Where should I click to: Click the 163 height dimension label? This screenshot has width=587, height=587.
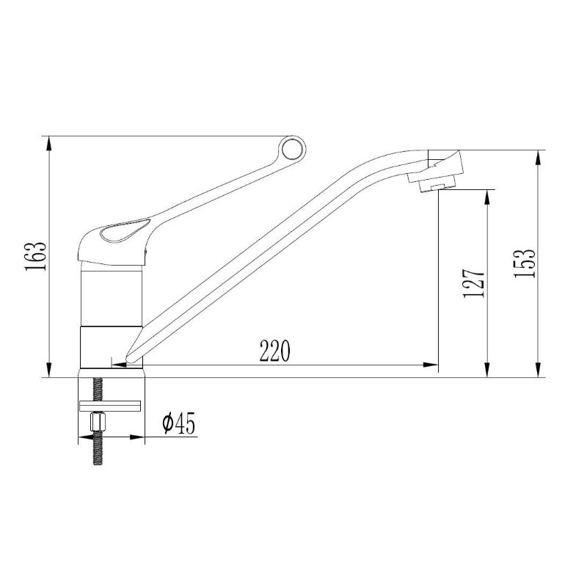point(36,256)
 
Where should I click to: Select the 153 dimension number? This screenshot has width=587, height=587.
point(525,263)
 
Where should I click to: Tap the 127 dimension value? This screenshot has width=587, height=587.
point(474,283)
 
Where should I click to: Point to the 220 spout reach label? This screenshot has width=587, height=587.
point(275,351)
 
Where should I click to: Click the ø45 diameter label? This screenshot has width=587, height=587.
point(179,423)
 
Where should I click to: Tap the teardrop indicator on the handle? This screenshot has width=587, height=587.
point(125,230)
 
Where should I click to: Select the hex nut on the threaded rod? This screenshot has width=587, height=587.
point(99,423)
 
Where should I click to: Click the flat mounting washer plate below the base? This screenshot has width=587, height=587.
point(110,406)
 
